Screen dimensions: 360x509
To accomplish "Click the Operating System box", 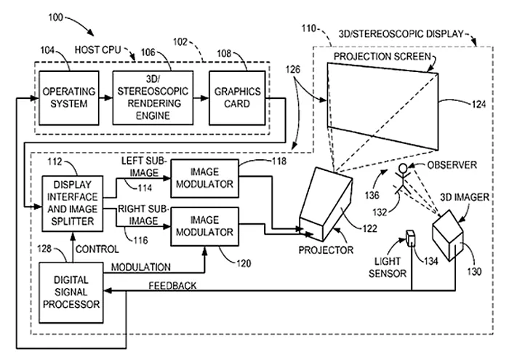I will coord(64,98).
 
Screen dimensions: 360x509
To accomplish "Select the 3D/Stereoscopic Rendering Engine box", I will coord(150,98).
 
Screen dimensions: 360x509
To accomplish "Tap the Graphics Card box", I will coord(232,98).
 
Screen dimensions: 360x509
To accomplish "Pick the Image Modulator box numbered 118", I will coord(204,179).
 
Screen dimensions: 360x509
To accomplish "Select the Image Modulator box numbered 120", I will coord(204,227).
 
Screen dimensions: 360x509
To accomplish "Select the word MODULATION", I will coord(141,267).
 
